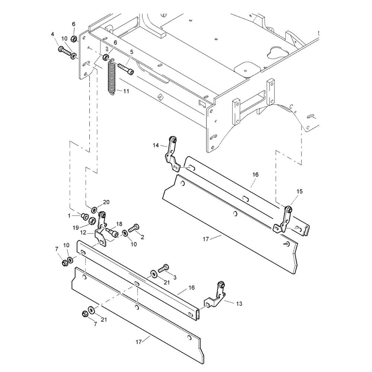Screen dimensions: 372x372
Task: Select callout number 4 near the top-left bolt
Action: [x=52, y=34]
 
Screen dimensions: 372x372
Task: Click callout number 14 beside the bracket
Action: [x=155, y=145]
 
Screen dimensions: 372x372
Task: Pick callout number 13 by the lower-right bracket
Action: [x=239, y=303]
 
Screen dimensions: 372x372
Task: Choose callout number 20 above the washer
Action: [x=106, y=202]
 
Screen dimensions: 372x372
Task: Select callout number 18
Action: [x=119, y=224]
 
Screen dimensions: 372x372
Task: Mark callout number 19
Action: [x=76, y=228]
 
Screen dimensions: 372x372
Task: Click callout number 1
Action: [x=69, y=216]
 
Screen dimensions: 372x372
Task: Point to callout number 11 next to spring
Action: [x=126, y=91]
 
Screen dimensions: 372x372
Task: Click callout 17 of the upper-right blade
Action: [x=206, y=239]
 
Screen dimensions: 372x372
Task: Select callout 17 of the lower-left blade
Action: [x=138, y=342]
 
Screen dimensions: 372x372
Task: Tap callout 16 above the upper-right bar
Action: [x=255, y=174]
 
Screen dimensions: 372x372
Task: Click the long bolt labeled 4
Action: [x=65, y=52]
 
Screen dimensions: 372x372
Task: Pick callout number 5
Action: [x=132, y=51]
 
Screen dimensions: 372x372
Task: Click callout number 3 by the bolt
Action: [x=175, y=278]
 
